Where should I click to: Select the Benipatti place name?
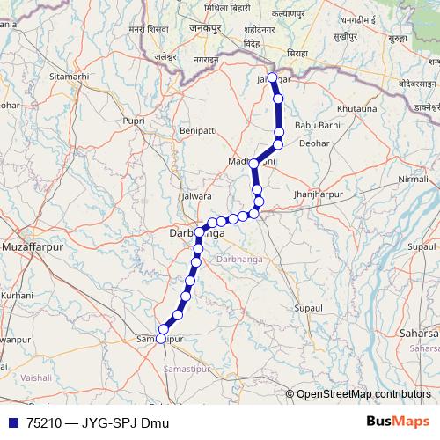click(x=197, y=130)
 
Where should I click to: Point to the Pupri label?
click(x=135, y=119)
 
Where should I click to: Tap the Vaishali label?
click(x=36, y=377)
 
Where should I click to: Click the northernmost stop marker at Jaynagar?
click(x=274, y=78)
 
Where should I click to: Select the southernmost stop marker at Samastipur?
click(x=160, y=340)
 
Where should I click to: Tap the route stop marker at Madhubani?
click(x=254, y=164)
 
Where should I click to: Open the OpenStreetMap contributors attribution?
click(x=364, y=393)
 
